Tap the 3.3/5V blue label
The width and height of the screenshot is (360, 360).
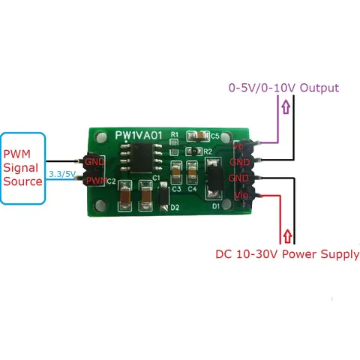(x=60, y=174)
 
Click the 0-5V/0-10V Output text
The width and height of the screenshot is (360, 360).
(x=283, y=88)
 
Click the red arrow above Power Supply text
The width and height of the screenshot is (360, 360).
(x=286, y=235)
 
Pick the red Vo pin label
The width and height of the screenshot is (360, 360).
(x=238, y=148)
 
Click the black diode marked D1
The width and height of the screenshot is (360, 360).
(x=212, y=180)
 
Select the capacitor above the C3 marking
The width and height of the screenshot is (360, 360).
(x=176, y=172)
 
